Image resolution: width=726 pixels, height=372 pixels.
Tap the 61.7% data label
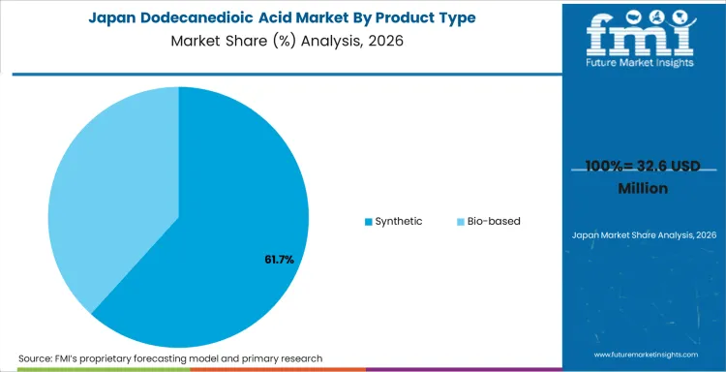279,260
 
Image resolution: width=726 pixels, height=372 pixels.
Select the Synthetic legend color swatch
368,222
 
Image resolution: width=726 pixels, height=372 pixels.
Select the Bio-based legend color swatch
460,222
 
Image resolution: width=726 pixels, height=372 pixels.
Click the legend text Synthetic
398,221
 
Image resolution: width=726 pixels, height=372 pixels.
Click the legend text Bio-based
494,221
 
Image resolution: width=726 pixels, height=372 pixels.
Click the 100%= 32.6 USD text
643,167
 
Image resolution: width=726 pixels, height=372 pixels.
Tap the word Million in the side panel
643,187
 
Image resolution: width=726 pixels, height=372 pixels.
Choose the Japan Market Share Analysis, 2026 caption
643,235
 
